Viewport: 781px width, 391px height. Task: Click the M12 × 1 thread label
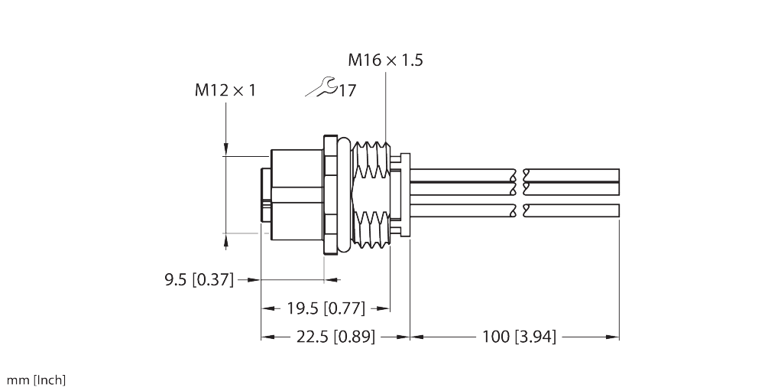click(x=225, y=91)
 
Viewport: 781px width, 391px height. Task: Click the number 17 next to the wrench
click(x=347, y=91)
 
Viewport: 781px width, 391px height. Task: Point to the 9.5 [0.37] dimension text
click(x=199, y=280)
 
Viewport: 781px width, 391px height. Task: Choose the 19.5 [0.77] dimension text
click(x=325, y=309)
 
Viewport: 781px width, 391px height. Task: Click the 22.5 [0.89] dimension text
click(x=336, y=336)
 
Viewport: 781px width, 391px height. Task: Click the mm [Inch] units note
click(x=36, y=380)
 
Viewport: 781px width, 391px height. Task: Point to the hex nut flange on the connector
click(x=330, y=195)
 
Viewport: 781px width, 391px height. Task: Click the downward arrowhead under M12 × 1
click(x=225, y=150)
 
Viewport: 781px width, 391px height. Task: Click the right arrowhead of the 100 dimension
click(x=613, y=336)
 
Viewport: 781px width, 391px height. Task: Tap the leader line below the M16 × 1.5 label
click(x=387, y=107)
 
